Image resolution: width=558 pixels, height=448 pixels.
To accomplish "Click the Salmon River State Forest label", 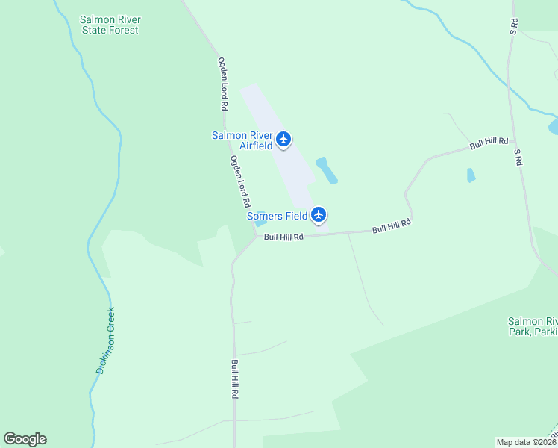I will point(110,25).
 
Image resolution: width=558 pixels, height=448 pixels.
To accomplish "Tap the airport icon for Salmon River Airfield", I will point(283,139).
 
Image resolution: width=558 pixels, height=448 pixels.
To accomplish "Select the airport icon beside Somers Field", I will point(319,215).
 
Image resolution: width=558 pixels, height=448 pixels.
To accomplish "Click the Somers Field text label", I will point(278,216).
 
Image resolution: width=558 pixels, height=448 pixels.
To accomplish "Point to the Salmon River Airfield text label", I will point(242,140).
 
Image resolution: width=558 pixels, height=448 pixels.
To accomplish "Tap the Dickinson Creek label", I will point(105,340).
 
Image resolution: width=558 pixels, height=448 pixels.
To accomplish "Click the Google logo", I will point(25,439).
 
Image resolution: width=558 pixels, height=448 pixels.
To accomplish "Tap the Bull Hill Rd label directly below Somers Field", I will point(284,237).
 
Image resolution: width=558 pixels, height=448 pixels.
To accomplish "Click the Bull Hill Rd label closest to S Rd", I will point(489,142).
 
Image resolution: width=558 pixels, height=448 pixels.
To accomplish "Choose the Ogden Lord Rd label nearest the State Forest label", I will point(222,84).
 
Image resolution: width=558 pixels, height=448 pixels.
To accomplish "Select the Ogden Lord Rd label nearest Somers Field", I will point(239,181).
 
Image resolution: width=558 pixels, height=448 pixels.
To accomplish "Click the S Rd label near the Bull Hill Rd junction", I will point(518,156).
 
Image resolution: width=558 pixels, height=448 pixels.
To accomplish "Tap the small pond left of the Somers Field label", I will point(260,222).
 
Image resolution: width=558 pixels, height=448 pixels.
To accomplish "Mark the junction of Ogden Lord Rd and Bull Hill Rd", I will point(256,238).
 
